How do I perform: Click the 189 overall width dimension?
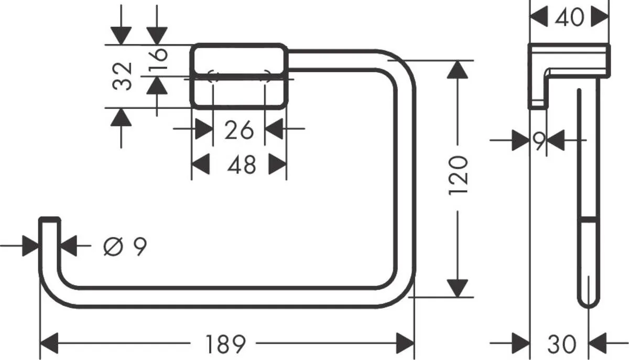tap(225, 344)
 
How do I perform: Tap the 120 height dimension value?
tap(458, 175)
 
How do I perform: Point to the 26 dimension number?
tap(239, 129)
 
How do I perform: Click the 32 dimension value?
tap(123, 77)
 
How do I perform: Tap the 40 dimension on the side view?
tap(570, 17)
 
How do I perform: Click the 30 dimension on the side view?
tap(561, 344)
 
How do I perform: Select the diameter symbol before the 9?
tap(113, 246)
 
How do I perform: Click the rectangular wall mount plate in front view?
tap(239, 75)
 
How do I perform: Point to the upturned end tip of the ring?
tap(50, 221)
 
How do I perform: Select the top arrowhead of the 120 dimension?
tap(458, 70)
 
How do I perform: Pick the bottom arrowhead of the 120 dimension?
tap(458, 288)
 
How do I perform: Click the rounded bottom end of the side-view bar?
tap(587, 300)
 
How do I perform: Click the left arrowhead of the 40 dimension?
tap(539, 17)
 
